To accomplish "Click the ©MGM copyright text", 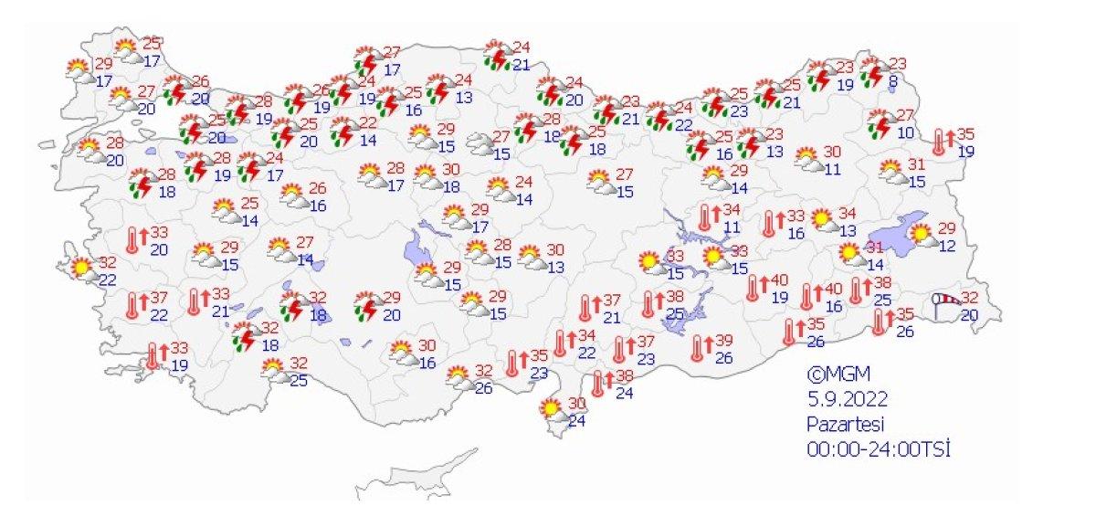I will [838, 375].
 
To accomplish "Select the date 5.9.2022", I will [847, 399].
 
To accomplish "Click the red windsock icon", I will [946, 300].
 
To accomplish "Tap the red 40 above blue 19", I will [779, 280].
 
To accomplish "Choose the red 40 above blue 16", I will [832, 290].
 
